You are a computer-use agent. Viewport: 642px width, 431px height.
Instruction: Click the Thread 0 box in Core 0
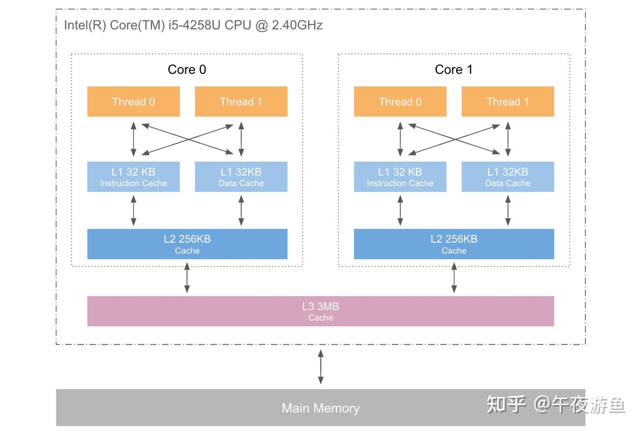(x=133, y=102)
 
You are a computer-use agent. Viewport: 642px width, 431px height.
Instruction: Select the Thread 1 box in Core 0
(x=241, y=102)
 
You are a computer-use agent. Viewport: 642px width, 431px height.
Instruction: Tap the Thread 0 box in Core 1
(x=400, y=102)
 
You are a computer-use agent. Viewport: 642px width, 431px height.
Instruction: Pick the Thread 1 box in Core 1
(x=507, y=102)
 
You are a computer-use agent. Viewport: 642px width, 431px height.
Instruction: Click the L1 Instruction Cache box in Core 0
(x=133, y=177)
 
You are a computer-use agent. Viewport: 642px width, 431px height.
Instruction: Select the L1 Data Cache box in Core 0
(x=241, y=177)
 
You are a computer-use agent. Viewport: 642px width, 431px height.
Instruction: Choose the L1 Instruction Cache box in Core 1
(x=400, y=177)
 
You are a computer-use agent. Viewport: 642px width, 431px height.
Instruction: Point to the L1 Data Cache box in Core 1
(x=507, y=177)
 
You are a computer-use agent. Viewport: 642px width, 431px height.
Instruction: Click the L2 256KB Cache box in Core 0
(x=187, y=244)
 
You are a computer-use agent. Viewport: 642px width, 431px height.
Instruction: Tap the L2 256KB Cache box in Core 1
(x=454, y=244)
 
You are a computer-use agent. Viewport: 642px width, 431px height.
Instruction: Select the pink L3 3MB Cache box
(x=321, y=311)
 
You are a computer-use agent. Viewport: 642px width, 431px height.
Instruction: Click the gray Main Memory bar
(x=321, y=408)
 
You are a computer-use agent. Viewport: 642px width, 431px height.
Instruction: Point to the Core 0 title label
(x=187, y=69)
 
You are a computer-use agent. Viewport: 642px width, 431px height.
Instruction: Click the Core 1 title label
(x=453, y=69)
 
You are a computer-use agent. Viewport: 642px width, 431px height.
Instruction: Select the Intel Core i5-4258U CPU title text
(x=193, y=25)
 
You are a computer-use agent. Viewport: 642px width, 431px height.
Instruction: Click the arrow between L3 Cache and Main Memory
(x=321, y=367)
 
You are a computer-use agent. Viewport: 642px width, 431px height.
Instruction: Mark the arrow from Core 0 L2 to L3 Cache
(x=187, y=278)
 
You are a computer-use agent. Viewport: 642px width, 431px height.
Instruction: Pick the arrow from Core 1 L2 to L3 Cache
(x=454, y=278)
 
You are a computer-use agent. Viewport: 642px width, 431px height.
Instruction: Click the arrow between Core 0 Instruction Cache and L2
(x=133, y=211)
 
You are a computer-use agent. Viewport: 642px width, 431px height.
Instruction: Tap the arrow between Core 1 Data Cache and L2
(x=507, y=211)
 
